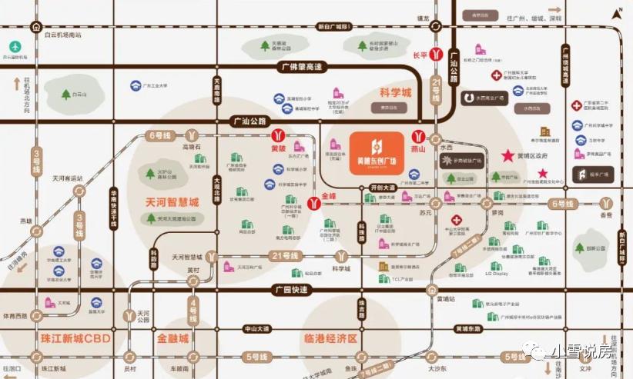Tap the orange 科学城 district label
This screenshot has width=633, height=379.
click(x=397, y=93)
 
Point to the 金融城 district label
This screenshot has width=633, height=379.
click(x=178, y=338)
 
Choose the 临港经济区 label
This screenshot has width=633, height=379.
click(x=332, y=338)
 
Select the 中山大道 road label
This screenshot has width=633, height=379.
click(x=257, y=329)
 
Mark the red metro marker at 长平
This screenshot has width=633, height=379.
click(x=436, y=55)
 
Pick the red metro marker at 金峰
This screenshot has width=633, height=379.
click(x=313, y=202)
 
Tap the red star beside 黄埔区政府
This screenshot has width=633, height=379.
click(x=507, y=155)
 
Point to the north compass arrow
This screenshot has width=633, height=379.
click(x=617, y=12)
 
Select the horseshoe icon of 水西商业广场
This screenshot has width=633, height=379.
click(x=469, y=98)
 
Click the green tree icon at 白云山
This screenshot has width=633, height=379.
click(x=66, y=95)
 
